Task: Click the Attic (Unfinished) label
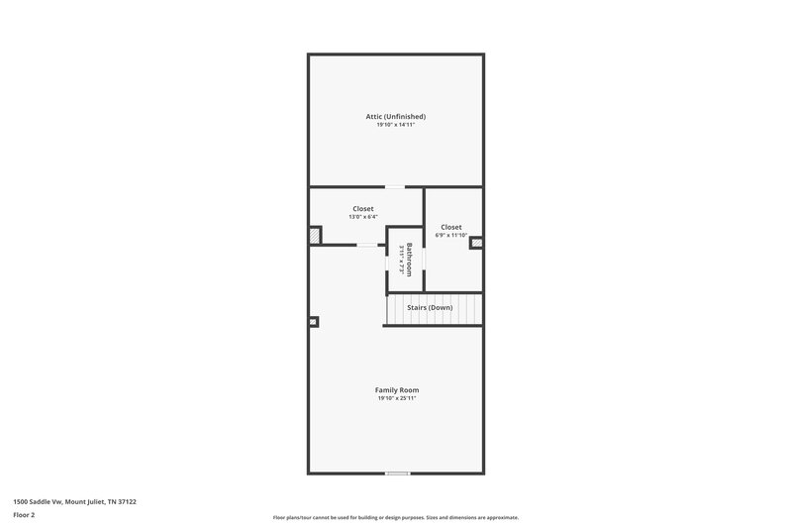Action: [395, 117]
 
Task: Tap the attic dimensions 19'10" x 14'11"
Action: [395, 126]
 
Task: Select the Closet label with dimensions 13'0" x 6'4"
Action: [363, 208]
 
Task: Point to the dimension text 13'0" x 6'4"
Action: [363, 217]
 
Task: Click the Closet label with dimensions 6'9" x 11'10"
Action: [451, 227]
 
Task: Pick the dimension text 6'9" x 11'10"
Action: [451, 236]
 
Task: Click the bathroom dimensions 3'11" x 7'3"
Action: [400, 260]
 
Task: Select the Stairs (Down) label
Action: [431, 308]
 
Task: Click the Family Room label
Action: [395, 390]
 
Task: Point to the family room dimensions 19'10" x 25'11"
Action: [395, 399]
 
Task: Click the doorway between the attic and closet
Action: [395, 186]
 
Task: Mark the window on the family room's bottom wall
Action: [398, 473]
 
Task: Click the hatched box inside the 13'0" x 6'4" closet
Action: [316, 236]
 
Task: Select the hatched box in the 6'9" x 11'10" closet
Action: [475, 241]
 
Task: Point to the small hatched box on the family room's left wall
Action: [314, 321]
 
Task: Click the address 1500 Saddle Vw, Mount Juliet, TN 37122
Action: [74, 501]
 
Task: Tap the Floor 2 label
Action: [25, 515]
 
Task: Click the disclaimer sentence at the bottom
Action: [395, 517]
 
